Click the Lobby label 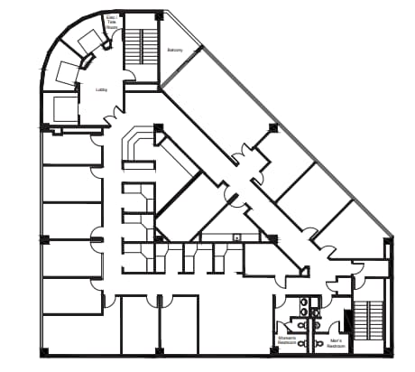tap(102, 89)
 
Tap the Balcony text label tap(175, 51)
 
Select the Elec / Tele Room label tap(112, 22)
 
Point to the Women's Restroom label tap(288, 342)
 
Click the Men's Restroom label tap(336, 344)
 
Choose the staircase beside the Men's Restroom tap(371, 321)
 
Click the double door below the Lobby tap(114, 116)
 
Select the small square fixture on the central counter tap(235, 237)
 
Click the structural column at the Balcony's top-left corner tap(160, 14)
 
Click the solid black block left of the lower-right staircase tap(347, 318)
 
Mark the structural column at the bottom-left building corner tap(44, 351)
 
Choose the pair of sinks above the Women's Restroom tap(304, 303)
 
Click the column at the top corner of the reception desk tap(159, 127)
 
